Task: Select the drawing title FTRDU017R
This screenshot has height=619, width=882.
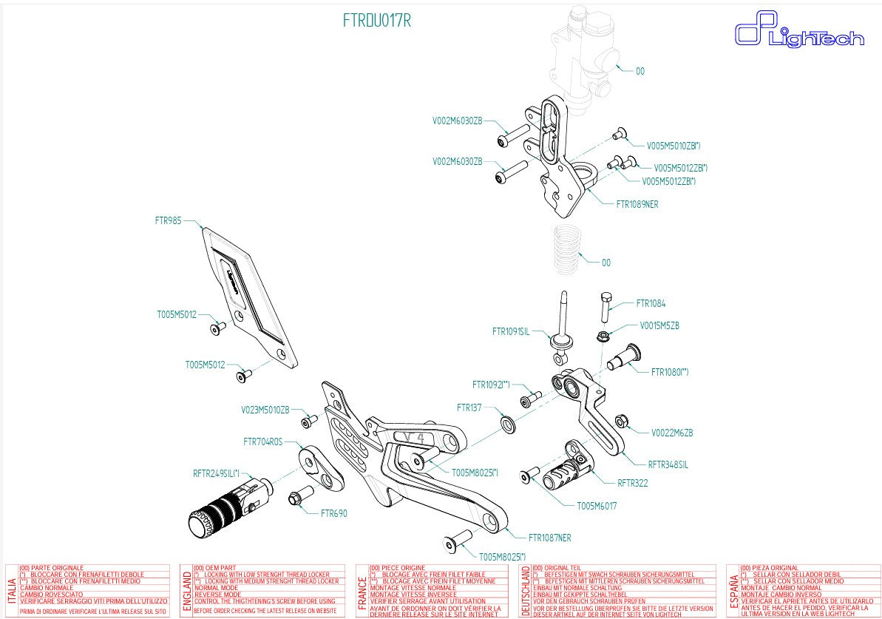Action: tap(376, 21)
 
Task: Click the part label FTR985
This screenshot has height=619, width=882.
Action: tap(168, 220)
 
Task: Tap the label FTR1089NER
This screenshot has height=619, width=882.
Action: tap(637, 204)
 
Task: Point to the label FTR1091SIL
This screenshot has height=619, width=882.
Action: tap(511, 331)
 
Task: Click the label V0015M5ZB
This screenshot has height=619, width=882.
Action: tap(659, 325)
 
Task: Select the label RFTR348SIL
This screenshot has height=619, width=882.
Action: tap(668, 464)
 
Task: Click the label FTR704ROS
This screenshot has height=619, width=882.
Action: tap(263, 442)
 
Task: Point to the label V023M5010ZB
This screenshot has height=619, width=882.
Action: tap(265, 409)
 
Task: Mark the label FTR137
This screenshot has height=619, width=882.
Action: tap(469, 407)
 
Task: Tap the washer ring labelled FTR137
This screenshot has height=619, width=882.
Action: tap(509, 424)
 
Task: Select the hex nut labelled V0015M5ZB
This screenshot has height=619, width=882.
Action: tap(603, 337)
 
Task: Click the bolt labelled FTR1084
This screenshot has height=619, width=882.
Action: tap(604, 306)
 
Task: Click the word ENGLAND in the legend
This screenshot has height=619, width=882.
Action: tap(186, 592)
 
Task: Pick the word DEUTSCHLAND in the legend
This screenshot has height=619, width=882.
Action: tap(526, 592)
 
